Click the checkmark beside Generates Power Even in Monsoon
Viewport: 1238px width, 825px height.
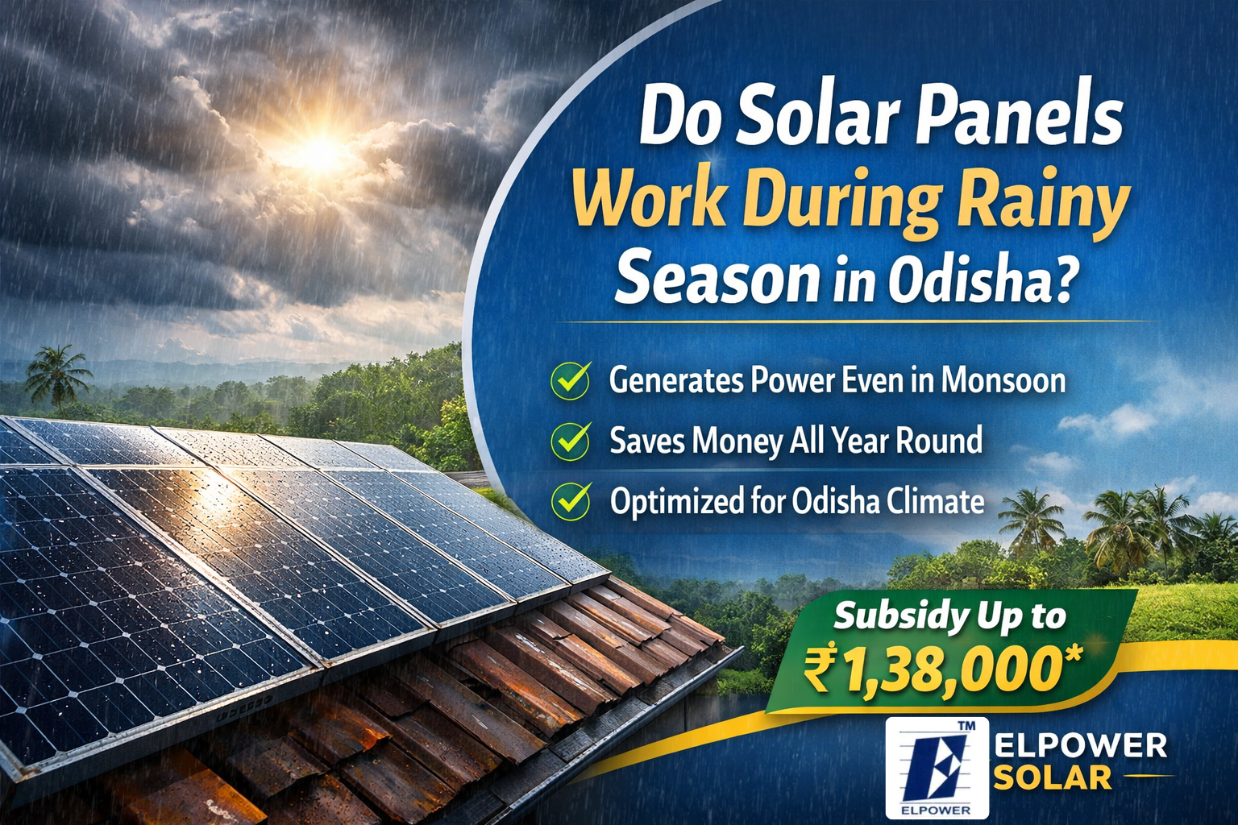[x=571, y=380]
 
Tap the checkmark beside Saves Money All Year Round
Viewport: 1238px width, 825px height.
[x=571, y=441]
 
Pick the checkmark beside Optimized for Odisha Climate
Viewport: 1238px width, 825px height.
[x=571, y=500]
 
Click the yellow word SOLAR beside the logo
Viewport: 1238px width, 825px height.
[x=1053, y=777]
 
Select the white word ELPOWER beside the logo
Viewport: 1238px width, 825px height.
[x=1081, y=745]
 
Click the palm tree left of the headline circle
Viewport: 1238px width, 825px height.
[x=58, y=372]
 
